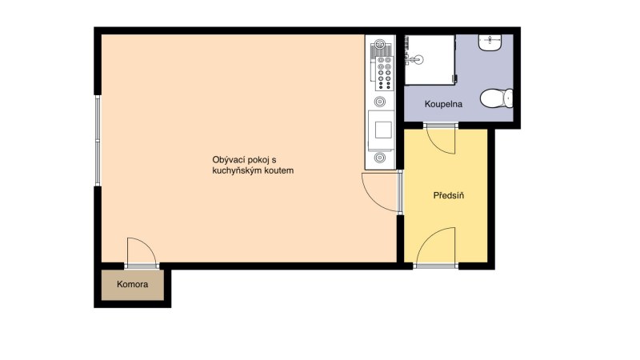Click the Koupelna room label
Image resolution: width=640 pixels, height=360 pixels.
(443, 104)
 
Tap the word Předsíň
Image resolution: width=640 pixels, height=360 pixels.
(449, 195)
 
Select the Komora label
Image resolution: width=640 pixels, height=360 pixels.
(132, 284)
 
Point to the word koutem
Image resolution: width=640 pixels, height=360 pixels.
(281, 170)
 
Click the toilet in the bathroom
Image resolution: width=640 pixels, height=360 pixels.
(496, 98)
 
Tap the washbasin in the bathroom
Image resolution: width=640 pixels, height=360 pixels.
(490, 43)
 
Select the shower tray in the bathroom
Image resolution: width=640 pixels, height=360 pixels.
(430, 60)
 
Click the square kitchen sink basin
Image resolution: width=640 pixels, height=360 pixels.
(383, 130)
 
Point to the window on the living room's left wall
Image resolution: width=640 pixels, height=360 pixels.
(98, 141)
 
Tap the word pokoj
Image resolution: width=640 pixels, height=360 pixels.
(258, 160)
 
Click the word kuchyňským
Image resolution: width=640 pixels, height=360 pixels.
(238, 170)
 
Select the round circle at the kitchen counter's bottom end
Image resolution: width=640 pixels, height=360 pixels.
(380, 157)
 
